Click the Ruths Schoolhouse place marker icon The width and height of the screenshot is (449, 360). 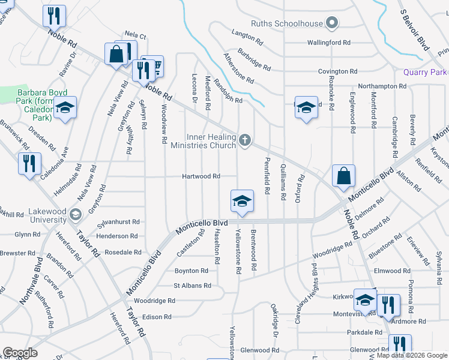pos(332,24)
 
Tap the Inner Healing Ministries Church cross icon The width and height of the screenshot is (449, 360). pos(244,140)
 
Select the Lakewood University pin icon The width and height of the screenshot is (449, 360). pos(75,214)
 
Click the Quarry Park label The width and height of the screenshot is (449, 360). pos(426,72)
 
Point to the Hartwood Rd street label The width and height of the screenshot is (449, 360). pos(202,176)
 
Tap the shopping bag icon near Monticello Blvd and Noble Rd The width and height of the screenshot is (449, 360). pos(343,176)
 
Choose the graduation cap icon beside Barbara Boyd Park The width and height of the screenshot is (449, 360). pos(64,108)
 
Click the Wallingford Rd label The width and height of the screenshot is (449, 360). pos(328,43)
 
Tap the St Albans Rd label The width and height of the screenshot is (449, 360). pos(192,286)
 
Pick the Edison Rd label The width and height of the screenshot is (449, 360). pos(157,317)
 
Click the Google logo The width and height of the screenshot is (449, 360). pos(20,353)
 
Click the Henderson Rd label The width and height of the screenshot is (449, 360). pos(117,236)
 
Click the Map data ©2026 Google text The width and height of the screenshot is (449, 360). pos(412,355)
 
